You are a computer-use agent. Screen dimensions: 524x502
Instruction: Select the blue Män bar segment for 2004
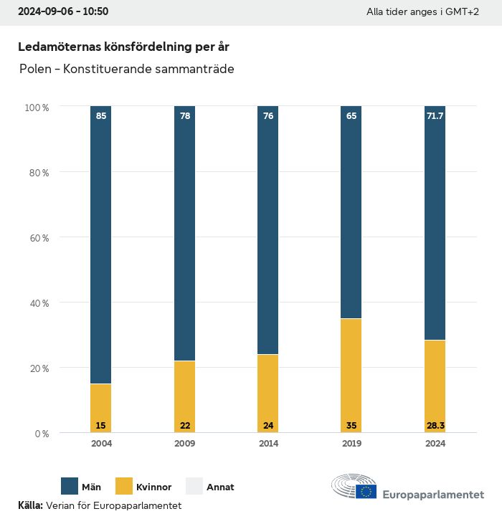click(x=101, y=244)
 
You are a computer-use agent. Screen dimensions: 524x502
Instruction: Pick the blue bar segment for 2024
click(x=435, y=223)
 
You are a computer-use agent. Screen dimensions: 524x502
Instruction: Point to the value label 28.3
click(x=435, y=426)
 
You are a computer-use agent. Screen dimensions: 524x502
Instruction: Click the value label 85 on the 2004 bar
click(x=101, y=115)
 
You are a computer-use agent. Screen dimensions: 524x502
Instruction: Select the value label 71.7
click(x=435, y=115)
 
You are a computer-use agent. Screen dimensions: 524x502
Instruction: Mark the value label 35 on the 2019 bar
click(x=351, y=426)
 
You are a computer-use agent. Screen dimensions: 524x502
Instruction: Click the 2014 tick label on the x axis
click(x=268, y=444)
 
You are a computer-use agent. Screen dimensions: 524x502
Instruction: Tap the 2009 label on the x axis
click(x=185, y=444)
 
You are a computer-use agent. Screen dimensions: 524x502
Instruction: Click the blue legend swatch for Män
click(x=70, y=487)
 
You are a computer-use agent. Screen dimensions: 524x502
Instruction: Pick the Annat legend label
click(x=220, y=487)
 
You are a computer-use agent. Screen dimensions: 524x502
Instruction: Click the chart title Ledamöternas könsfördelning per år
click(x=124, y=47)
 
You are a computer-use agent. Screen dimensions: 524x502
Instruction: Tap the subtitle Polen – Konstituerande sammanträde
click(x=127, y=70)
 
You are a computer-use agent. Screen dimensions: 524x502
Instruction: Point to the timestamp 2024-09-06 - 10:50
click(x=63, y=12)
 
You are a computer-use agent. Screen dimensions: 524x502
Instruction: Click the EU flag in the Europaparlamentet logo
click(x=366, y=491)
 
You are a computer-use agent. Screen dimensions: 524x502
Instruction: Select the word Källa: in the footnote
click(x=30, y=505)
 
